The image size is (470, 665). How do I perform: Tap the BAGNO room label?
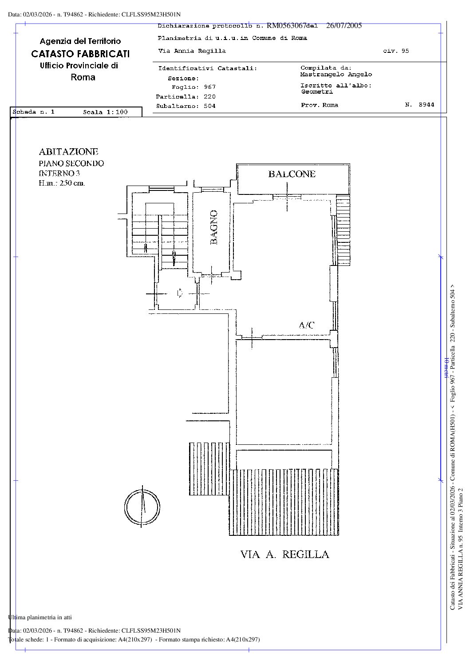coord(213,227)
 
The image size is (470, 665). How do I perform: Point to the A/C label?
coord(307,325)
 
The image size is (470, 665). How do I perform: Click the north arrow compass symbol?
coord(142,507)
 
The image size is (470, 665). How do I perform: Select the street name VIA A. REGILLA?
coord(284,554)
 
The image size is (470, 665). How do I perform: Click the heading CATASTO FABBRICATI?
coord(80,54)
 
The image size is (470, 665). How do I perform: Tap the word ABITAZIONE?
coord(68,152)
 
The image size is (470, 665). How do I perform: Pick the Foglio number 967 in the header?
coord(210,87)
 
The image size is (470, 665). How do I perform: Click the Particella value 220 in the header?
coord(210,96)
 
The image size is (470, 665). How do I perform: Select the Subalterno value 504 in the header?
coord(210,106)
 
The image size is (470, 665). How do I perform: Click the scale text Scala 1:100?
coord(105,112)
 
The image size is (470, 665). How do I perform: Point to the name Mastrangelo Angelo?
coord(336,74)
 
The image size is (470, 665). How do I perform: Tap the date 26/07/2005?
coord(344,26)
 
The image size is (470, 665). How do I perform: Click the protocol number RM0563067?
coord(286,26)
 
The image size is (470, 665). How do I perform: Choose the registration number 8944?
coord(427,104)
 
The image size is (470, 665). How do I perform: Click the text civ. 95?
coord(396,51)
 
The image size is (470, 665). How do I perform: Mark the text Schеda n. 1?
coord(34,111)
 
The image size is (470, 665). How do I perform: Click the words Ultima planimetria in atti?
coord(40,617)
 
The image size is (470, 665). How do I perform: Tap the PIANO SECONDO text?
coord(71,163)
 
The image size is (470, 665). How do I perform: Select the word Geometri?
coord(317,92)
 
